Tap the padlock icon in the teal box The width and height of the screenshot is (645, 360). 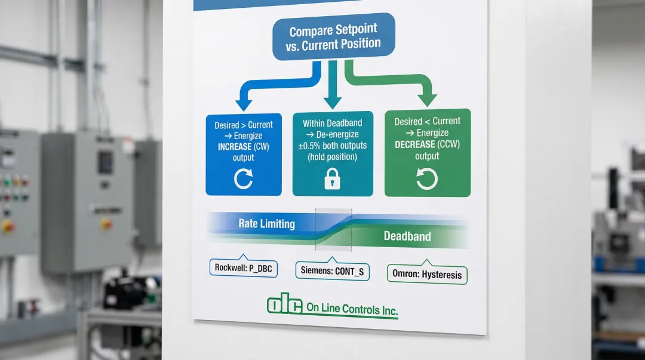point(332,180)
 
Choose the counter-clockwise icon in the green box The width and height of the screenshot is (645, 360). point(426,179)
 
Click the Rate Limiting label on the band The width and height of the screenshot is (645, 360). point(266,224)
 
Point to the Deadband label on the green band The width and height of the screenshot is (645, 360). point(407,236)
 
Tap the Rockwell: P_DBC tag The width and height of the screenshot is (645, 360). point(243,269)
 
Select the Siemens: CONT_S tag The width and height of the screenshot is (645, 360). point(333,272)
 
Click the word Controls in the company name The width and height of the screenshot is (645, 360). point(362,310)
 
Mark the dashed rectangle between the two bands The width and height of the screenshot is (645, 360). point(333,229)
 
